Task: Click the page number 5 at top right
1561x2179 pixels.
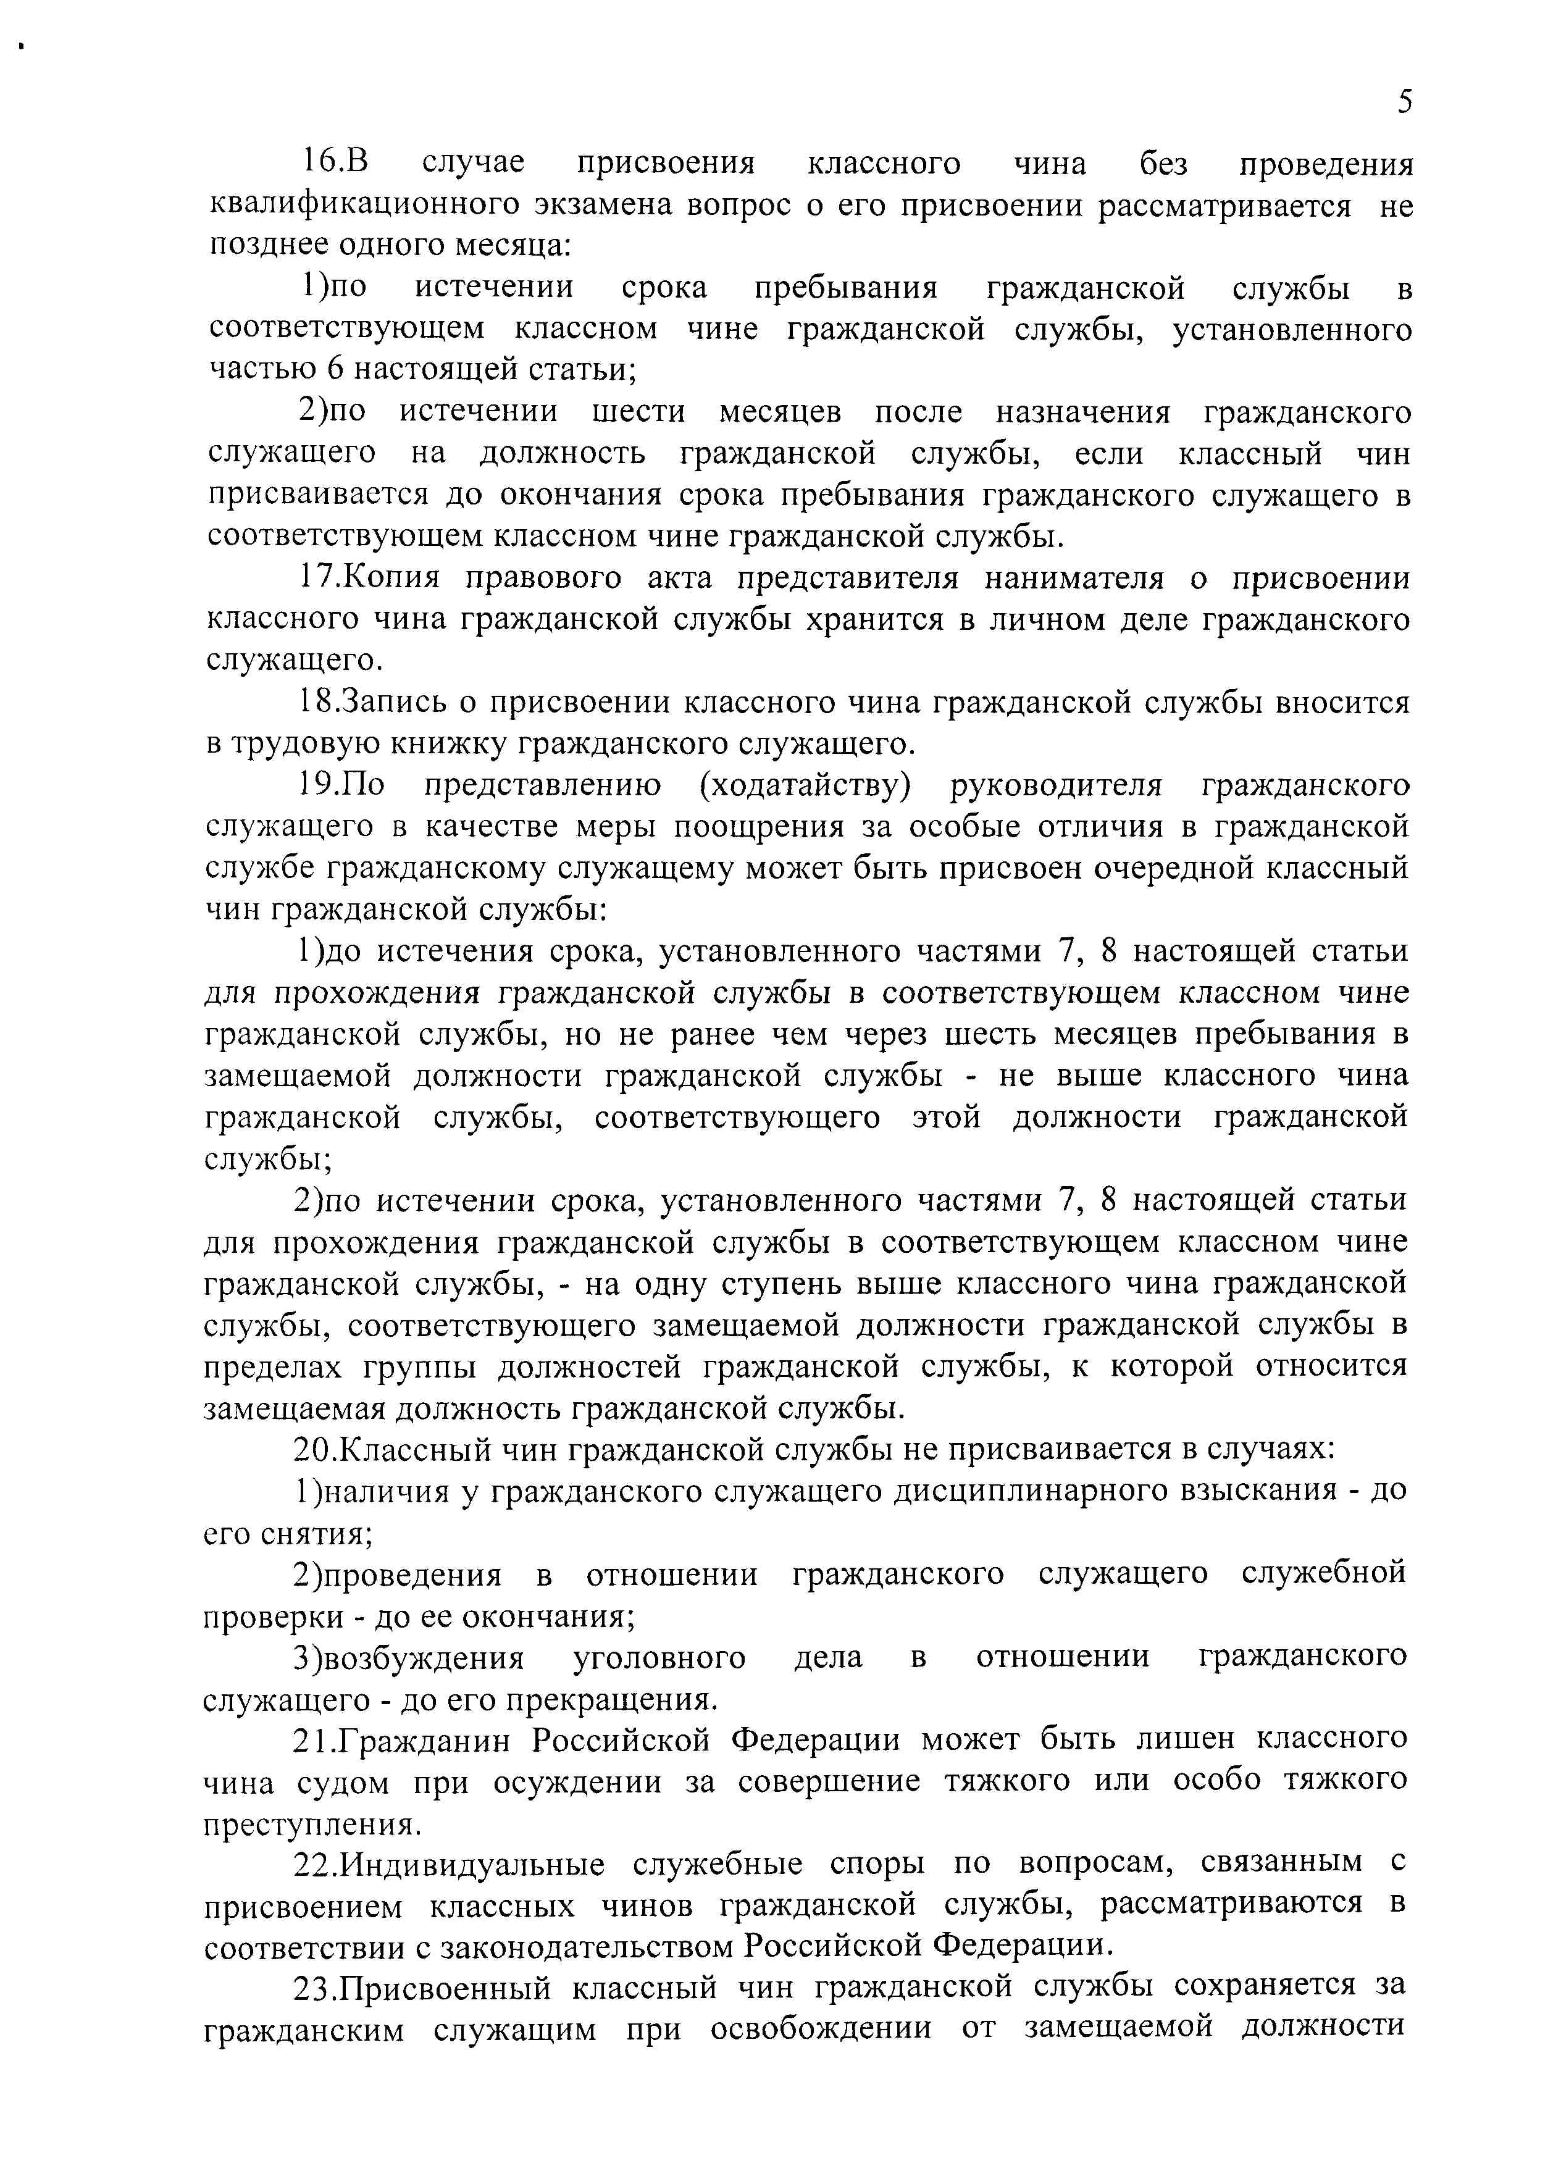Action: (1404, 101)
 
